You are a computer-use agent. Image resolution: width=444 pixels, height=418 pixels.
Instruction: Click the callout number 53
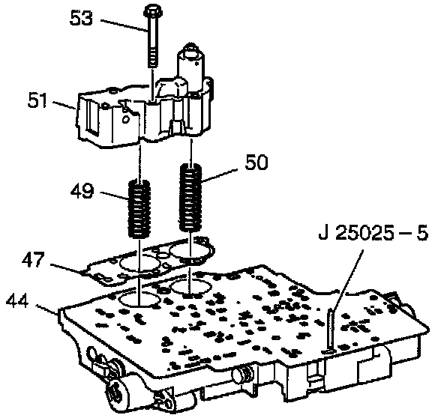point(81,19)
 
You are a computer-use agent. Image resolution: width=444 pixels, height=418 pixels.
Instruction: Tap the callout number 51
point(37,100)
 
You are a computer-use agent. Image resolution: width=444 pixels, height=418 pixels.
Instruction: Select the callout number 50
point(256,163)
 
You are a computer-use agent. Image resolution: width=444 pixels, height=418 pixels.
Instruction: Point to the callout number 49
point(82,191)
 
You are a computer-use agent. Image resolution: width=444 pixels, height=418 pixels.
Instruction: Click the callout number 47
point(34,260)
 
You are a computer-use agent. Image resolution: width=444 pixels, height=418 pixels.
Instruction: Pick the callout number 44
point(17,300)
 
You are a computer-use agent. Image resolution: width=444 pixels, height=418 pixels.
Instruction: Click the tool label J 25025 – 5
point(373,234)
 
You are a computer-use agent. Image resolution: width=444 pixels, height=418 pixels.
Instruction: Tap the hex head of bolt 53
point(152,11)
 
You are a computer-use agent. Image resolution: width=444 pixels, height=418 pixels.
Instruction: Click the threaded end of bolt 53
point(153,58)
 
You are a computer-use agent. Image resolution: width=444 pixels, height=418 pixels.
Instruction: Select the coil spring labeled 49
point(139,209)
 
